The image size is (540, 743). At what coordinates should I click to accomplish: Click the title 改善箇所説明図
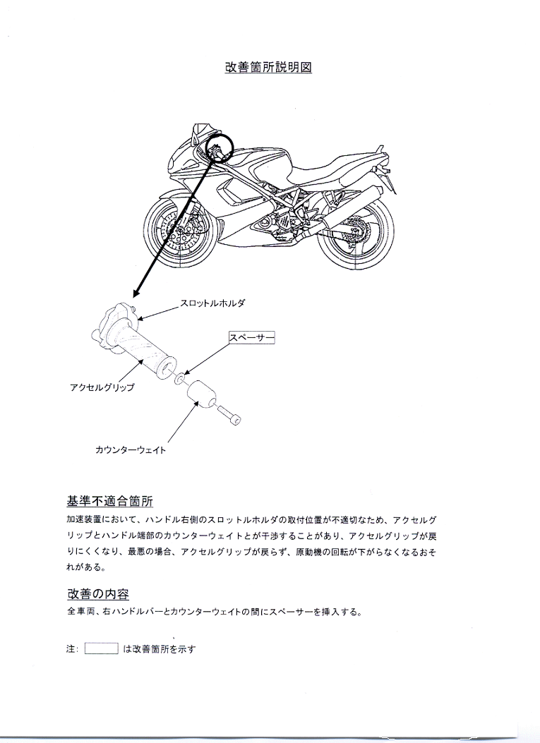268,67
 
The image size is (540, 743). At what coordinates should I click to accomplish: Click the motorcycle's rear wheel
353,234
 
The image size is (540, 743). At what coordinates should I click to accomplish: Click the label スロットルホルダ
212,303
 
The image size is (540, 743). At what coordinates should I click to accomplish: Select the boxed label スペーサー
252,337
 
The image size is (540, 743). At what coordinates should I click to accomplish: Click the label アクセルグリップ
102,387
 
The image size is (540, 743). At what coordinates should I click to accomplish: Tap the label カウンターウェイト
131,449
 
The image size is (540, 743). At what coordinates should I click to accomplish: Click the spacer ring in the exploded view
180,379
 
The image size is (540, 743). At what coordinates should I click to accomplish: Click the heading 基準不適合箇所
110,501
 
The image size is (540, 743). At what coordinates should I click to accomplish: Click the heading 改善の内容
98,593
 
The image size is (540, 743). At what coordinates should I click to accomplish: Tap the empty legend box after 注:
102,648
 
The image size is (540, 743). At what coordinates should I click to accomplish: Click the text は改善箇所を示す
160,649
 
